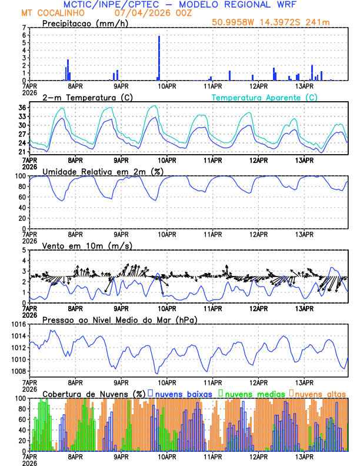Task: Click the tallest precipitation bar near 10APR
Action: [159, 58]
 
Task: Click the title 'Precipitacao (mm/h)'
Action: [82, 24]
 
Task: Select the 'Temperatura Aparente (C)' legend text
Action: [264, 97]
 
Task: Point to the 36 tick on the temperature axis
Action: [22, 108]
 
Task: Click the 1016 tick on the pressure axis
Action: [18, 324]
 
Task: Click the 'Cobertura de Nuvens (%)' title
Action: [94, 393]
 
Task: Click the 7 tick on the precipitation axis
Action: [24, 28]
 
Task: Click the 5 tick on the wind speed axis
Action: [24, 250]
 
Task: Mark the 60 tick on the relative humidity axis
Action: [22, 197]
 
